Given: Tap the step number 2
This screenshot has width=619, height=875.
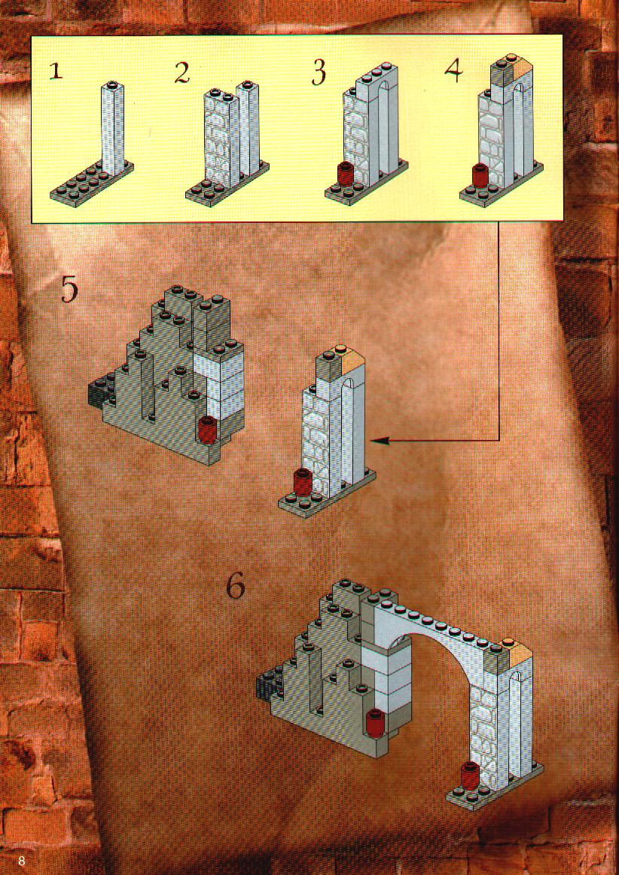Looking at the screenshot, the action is click(x=182, y=73).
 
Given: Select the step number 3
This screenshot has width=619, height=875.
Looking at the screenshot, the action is click(x=319, y=74).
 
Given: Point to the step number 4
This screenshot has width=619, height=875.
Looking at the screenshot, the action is click(x=454, y=70).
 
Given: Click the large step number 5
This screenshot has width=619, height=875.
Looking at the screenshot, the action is click(x=69, y=290).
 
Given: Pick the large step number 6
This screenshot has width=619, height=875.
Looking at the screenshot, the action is click(x=236, y=587).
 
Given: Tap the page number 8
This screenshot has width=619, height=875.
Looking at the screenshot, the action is click(x=22, y=860).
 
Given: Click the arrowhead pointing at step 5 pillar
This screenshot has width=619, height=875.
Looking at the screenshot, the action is click(x=377, y=441).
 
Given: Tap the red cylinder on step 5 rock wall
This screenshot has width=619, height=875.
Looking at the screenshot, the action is click(x=208, y=430).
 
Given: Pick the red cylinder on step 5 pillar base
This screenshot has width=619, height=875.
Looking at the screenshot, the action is click(x=302, y=483).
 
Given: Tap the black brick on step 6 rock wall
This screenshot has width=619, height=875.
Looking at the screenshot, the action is click(x=268, y=684).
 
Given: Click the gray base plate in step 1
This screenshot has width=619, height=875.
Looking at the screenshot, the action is click(x=92, y=184).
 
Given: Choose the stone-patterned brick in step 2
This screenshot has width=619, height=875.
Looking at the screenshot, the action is click(x=218, y=139).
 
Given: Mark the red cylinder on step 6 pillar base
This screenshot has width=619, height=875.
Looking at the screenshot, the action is click(x=470, y=774).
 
